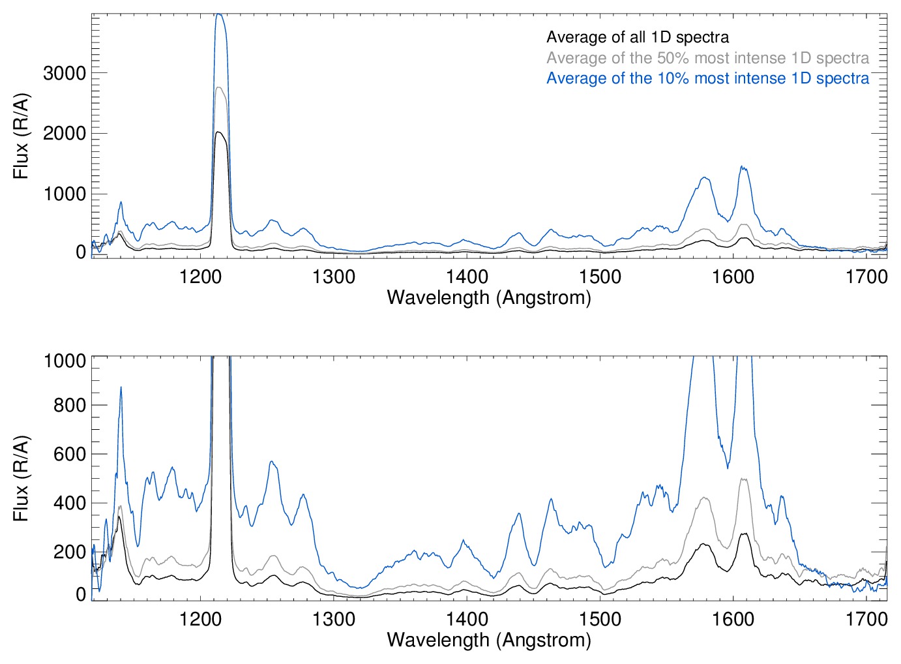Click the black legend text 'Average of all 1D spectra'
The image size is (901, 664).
click(x=637, y=37)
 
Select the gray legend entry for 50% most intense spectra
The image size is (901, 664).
click(x=707, y=58)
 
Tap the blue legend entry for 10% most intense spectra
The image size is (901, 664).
click(x=707, y=78)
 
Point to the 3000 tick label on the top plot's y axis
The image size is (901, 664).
click(x=65, y=73)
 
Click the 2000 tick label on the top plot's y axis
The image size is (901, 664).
click(x=65, y=134)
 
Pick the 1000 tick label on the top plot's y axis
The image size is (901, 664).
click(x=65, y=194)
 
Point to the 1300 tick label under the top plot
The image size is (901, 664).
click(x=334, y=277)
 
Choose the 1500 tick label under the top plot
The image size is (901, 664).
click(x=600, y=277)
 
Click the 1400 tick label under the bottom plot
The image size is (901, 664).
click(x=467, y=618)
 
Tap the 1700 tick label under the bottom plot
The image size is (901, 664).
click(x=866, y=618)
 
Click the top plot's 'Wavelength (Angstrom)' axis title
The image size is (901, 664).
click(x=489, y=298)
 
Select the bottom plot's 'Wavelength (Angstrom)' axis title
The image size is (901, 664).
click(x=489, y=640)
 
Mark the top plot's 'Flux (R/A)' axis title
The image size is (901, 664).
click(x=21, y=136)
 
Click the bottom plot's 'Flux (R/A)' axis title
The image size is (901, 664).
click(x=21, y=478)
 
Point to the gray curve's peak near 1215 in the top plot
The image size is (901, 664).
click(x=220, y=87)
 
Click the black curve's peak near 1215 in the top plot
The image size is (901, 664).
click(x=220, y=132)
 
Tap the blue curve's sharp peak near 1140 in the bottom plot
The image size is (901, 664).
click(x=121, y=387)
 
